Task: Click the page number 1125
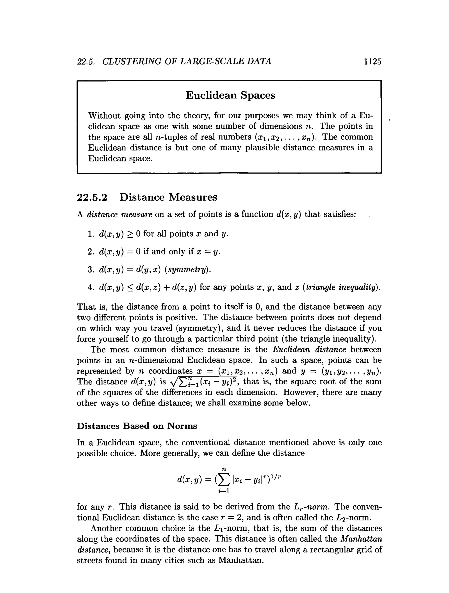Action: [x=372, y=61]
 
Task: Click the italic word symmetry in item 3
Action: [x=187, y=269]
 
